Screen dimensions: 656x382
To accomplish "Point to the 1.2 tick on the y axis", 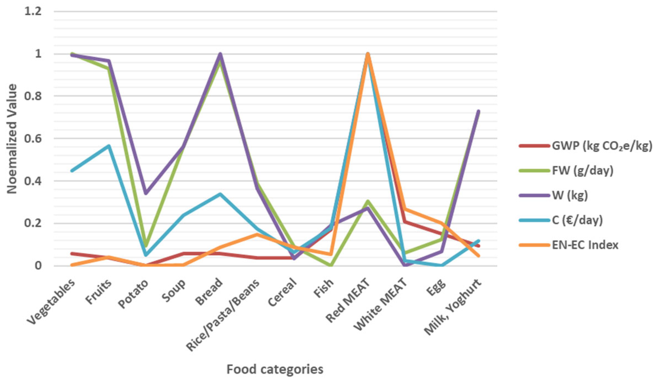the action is (33, 12).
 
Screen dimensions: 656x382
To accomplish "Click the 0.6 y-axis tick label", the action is (33, 139).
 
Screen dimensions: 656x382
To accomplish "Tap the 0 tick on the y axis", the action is (38, 266).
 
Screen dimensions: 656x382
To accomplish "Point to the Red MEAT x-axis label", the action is (348, 301).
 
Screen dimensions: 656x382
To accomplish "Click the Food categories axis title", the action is (275, 369).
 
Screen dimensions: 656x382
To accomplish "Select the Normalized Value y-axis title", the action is (12, 139).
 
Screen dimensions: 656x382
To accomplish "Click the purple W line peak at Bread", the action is (220, 54).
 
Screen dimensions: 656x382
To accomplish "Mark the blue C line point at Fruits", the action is (109, 146).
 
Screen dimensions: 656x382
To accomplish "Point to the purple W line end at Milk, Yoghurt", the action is (479, 111).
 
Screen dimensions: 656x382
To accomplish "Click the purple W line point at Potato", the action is (146, 193).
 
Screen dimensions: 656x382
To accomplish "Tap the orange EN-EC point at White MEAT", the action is (405, 209).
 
